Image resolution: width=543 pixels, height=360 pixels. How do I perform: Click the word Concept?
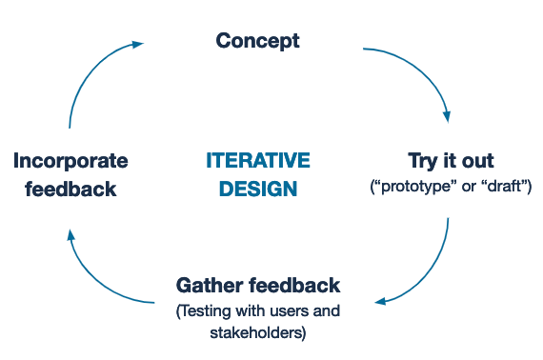click(257, 41)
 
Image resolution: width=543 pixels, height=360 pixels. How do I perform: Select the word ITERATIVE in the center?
click(257, 160)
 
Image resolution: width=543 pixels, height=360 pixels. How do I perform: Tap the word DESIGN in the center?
click(257, 188)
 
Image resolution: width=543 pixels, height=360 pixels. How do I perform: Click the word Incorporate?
click(70, 160)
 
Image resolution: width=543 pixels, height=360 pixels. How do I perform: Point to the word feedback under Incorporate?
click(70, 188)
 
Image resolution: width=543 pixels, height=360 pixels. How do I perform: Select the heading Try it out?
click(451, 160)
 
